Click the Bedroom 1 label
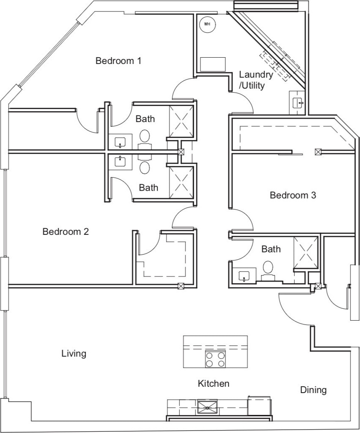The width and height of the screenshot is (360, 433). point(118,61)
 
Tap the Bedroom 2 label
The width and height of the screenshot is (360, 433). point(65,231)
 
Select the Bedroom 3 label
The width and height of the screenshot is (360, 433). point(293,195)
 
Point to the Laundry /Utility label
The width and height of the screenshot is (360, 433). point(256,80)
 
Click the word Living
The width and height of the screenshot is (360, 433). point(74,353)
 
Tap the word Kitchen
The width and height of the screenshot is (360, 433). point(213,383)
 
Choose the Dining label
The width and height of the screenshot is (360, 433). point(313,390)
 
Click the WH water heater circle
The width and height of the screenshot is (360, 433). point(207,24)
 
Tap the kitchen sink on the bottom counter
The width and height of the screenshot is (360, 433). point(208,406)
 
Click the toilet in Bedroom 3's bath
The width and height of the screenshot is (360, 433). point(268,268)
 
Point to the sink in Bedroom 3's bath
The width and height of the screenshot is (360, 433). point(244,276)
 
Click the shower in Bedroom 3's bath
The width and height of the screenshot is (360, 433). point(306,252)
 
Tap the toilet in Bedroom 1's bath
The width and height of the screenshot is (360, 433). point(144,137)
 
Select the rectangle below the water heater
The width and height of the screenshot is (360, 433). point(213,64)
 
